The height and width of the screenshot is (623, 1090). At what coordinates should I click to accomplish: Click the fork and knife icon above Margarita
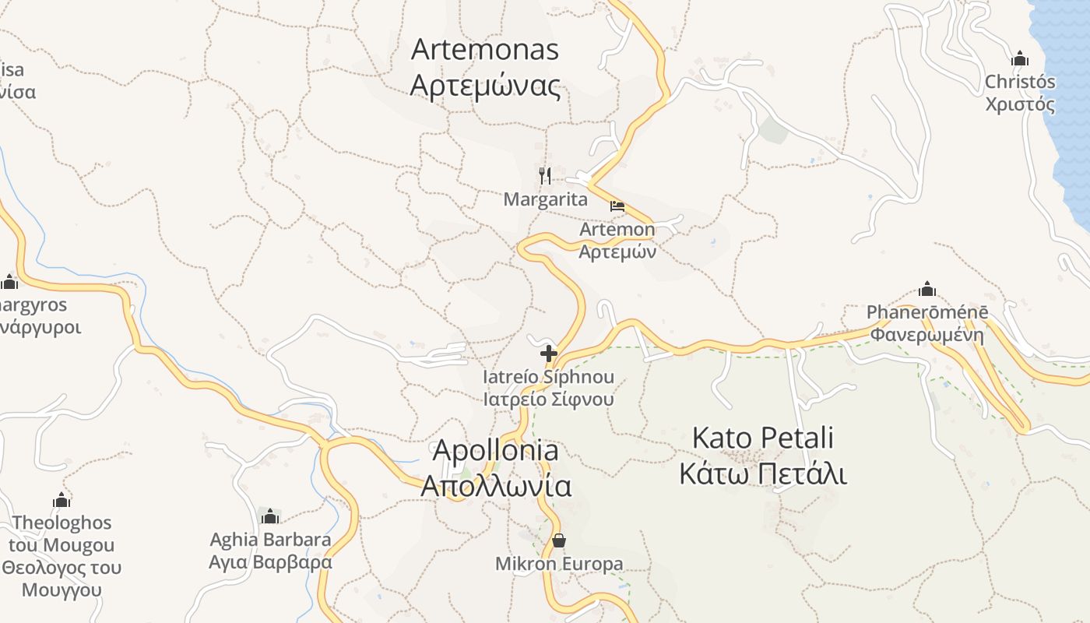click(545, 175)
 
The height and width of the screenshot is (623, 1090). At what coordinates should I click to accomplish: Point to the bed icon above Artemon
click(617, 206)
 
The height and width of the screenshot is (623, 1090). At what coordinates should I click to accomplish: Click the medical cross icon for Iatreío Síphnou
click(549, 354)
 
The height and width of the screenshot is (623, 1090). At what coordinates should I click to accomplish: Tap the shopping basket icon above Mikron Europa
click(558, 540)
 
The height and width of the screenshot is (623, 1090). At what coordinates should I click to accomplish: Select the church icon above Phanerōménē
click(926, 289)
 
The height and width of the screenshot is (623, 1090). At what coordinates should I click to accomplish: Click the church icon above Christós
click(1019, 58)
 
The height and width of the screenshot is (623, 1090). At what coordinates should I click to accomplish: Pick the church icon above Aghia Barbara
click(270, 516)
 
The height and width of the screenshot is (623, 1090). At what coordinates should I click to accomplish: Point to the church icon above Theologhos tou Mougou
click(62, 499)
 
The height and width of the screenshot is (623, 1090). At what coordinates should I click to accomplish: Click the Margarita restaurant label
click(545, 199)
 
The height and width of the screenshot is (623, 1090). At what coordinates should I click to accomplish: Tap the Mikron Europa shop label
click(559, 564)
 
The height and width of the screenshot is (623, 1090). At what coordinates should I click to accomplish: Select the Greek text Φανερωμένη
click(926, 336)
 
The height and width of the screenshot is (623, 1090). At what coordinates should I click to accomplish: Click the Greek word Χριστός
click(1020, 104)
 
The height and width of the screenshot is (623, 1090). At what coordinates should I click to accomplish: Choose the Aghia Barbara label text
click(270, 539)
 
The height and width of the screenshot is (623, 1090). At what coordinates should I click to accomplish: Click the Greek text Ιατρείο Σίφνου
click(548, 399)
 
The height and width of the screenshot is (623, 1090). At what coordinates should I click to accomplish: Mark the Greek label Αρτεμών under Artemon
click(617, 252)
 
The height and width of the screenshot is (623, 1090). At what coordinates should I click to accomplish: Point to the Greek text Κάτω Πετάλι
click(762, 473)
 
